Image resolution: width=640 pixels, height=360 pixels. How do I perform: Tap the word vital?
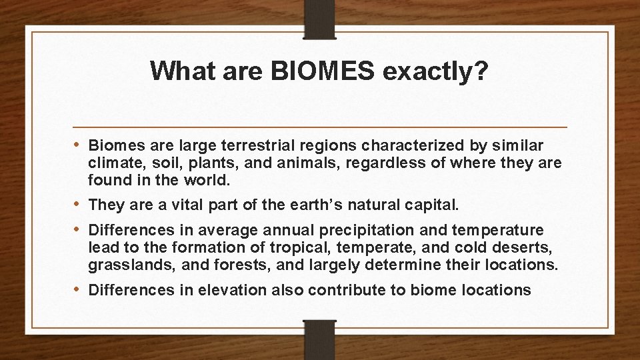click(x=170, y=205)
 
